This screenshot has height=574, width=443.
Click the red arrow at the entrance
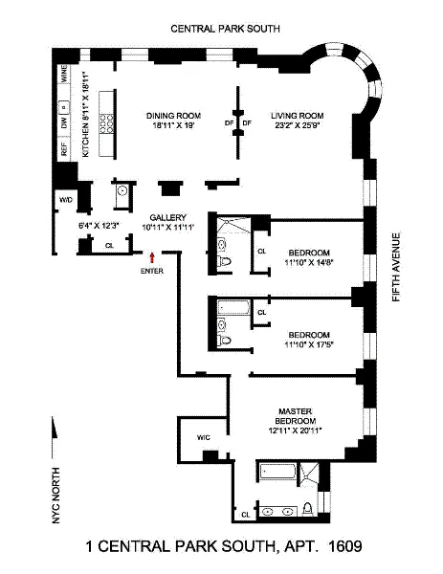(151, 255)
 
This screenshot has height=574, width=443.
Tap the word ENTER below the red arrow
(151, 271)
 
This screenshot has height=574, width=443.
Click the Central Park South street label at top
(225, 30)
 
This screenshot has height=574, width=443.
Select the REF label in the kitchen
(64, 148)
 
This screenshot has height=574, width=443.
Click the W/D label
(66, 199)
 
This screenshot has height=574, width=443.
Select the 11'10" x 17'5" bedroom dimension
(309, 343)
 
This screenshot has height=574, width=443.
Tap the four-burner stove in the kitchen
(110, 123)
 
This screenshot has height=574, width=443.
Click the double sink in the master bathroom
(277, 511)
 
